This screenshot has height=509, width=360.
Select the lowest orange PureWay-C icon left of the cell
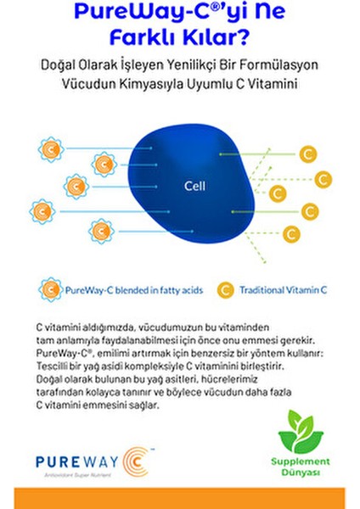point(100,228)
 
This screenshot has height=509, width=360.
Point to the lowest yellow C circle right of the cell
point(291,232)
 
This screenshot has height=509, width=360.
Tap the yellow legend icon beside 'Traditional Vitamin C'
point(226,290)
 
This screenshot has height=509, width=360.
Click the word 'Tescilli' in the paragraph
point(53,367)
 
